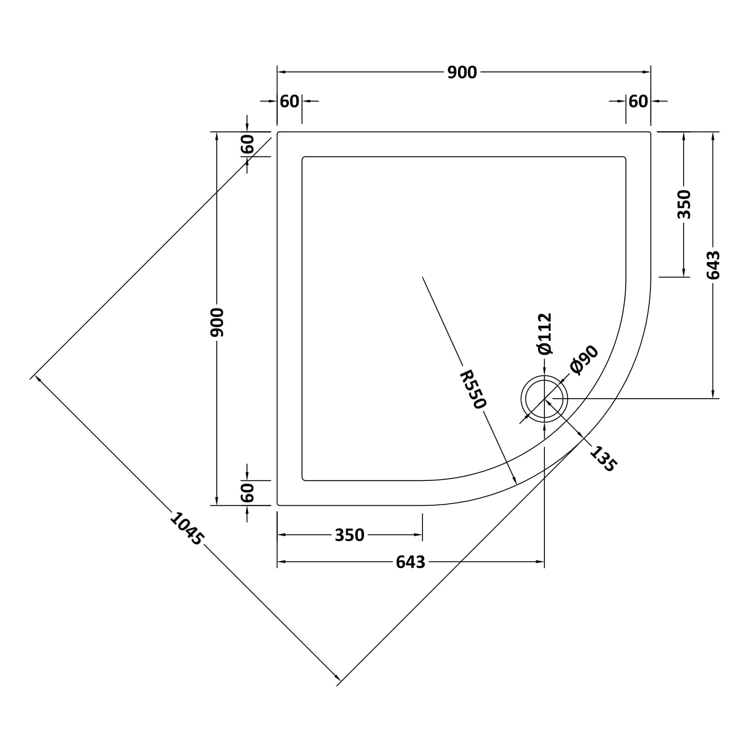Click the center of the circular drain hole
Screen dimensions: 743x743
tap(544, 398)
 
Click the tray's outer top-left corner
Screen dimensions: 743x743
tap(277, 132)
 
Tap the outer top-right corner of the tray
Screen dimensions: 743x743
tap(650, 132)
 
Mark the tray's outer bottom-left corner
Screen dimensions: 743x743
tap(277, 505)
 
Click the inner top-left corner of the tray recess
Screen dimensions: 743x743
tap(303, 157)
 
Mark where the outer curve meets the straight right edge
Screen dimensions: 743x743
tap(650, 277)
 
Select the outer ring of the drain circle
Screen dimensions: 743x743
tap(544, 375)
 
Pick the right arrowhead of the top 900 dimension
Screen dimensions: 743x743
tap(647, 72)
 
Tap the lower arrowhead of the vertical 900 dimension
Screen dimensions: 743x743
tap(217, 501)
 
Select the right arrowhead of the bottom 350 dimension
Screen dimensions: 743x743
tap(418, 534)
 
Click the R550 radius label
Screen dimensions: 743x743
tap(473, 389)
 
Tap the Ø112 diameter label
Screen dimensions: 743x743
tap(544, 334)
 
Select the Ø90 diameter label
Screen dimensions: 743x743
tap(583, 360)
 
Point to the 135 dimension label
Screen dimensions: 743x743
tap(602, 458)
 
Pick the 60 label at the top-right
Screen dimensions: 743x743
tap(638, 102)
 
